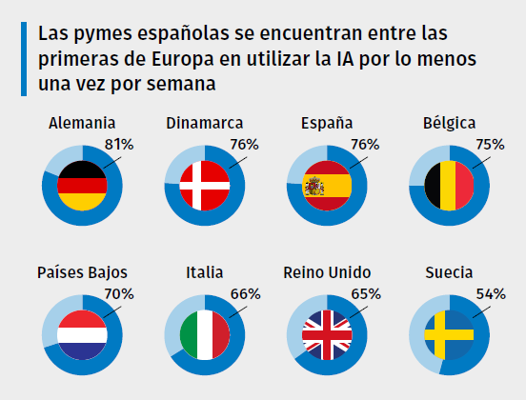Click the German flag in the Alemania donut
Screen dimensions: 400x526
(82, 185)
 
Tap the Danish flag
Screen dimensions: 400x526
(204, 185)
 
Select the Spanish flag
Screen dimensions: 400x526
(326, 185)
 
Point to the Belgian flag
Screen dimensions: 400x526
(448, 185)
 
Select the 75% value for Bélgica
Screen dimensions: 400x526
(490, 145)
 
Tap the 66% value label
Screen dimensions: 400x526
(245, 294)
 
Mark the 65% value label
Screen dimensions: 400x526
(366, 294)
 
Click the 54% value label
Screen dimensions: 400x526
(490, 294)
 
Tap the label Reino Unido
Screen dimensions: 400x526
(327, 273)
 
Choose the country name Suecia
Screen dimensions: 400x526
(449, 273)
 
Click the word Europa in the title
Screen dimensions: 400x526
(175, 59)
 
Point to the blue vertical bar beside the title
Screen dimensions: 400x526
(23, 59)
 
